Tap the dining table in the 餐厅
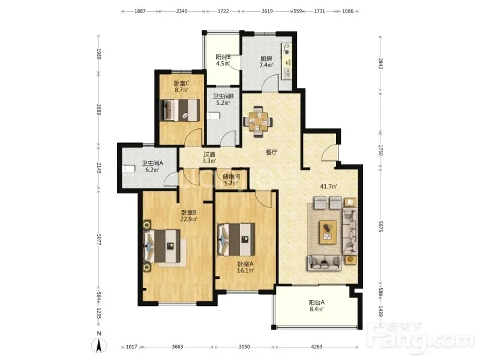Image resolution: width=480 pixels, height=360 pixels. point(258,122)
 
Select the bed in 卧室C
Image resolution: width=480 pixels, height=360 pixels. point(179,110)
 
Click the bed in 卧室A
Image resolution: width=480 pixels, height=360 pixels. point(236,239)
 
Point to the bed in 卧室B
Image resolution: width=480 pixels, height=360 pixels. point(162,246)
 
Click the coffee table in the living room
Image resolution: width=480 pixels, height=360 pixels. point(328,232)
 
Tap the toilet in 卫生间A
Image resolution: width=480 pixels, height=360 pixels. point(129,169)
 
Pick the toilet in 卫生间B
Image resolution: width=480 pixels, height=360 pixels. point(214,116)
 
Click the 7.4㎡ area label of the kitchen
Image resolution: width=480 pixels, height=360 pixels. point(266,65)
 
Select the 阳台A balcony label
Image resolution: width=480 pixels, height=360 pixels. point(317,302)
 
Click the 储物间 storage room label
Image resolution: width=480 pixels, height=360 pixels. point(231,176)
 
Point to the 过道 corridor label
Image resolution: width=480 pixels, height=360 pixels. point(209,155)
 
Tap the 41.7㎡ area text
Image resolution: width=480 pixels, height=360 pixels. point(328,186)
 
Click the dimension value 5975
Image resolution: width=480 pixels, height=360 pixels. point(380,226)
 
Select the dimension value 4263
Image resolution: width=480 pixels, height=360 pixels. point(317,347)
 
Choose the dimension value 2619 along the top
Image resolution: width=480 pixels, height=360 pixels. point(267,11)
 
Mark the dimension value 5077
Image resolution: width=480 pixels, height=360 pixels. point(98,239)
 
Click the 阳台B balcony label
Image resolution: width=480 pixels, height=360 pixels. point(223,57)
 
